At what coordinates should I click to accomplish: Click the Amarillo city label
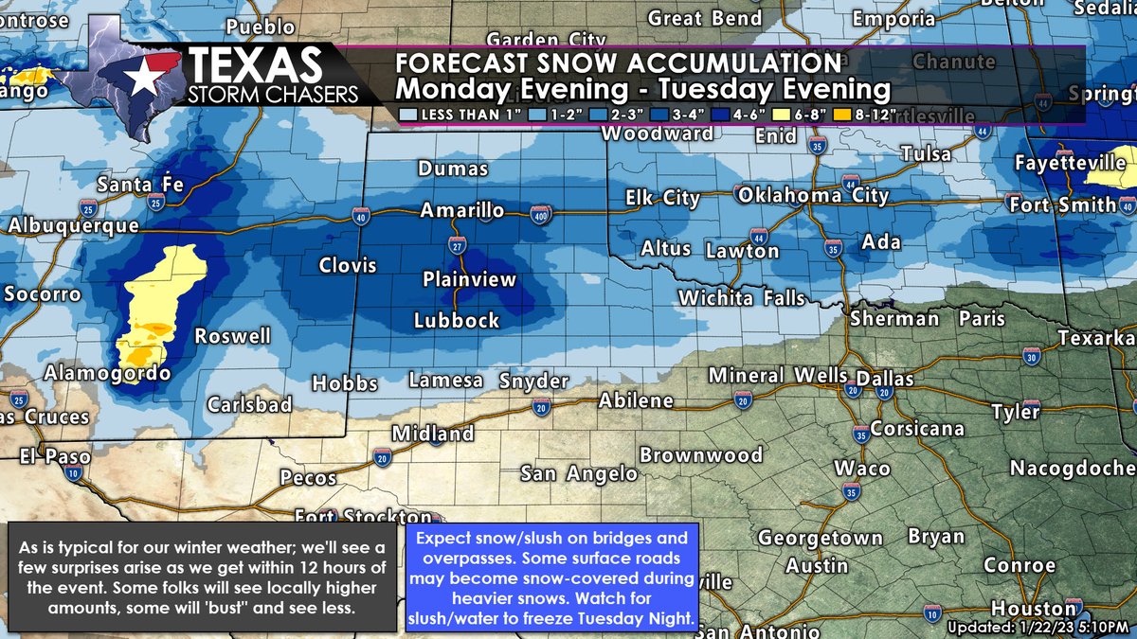coord(462,210)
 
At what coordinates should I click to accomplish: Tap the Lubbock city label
coord(456,321)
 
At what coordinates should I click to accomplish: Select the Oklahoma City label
coord(813,196)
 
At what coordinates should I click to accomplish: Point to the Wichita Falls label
coord(741,298)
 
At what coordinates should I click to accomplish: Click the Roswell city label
coord(232,336)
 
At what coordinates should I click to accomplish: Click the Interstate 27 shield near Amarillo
coord(458,246)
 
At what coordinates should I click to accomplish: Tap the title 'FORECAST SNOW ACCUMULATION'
coord(618,63)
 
